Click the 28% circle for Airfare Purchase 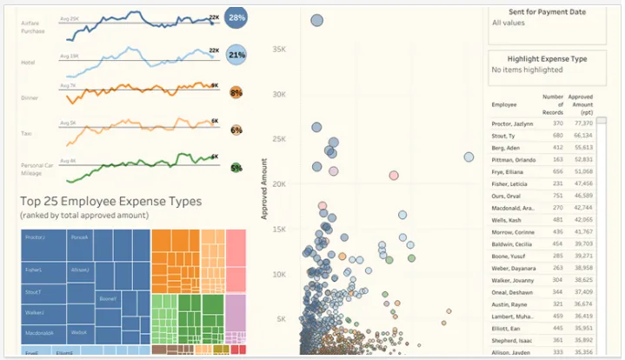coord(236,17)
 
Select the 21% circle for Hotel coord(236,55)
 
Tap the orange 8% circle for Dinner coord(236,92)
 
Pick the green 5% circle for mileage coord(236,168)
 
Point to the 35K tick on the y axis coord(278,50)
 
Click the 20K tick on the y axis coord(278,184)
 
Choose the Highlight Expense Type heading coord(545,59)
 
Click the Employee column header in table coord(504,104)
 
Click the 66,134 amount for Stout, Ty coord(582,136)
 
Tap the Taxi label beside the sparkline coord(26,133)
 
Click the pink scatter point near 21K coord(394,176)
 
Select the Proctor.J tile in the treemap coord(36,237)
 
